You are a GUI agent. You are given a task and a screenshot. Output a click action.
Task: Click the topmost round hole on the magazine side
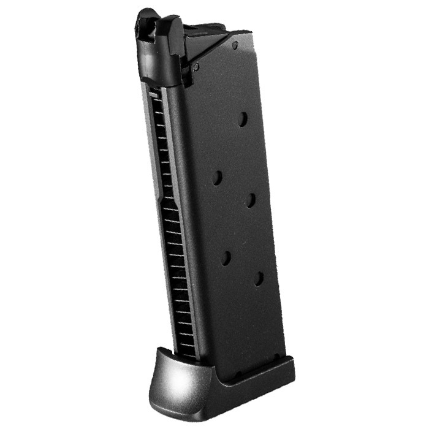point(243,119)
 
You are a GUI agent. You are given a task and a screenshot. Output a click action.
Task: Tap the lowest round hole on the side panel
point(259,279)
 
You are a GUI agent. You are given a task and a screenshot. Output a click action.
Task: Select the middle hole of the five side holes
point(251,199)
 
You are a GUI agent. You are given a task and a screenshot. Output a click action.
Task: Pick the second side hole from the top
point(217,178)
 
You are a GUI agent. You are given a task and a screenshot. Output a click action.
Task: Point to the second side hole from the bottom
point(226,258)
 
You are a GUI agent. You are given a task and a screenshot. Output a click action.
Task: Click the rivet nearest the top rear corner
point(235,46)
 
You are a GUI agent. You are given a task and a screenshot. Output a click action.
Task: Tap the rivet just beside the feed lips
point(196,66)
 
